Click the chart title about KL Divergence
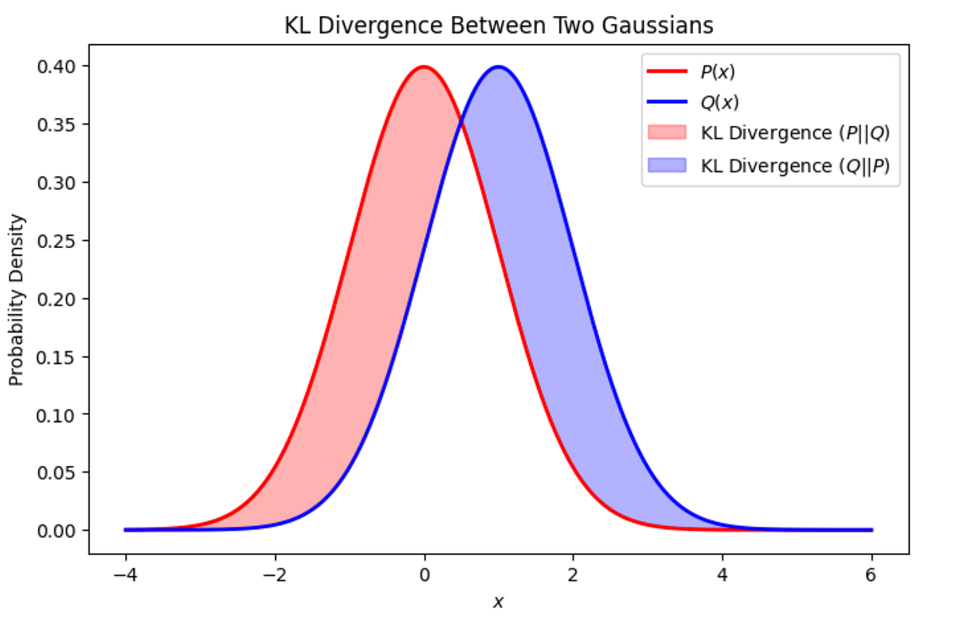[499, 26]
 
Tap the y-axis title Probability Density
[17, 299]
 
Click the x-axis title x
[499, 603]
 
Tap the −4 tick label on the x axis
[125, 574]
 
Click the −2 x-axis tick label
[275, 574]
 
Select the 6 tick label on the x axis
[872, 574]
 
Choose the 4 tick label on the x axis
[723, 574]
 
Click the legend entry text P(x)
[718, 71]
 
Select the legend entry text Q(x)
[719, 102]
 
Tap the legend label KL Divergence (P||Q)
[794, 134]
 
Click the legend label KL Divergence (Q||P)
[794, 166]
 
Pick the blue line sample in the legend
[666, 102]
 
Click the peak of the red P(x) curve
[424, 67]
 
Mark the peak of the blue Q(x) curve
[499, 67]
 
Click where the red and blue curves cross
[461, 121]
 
